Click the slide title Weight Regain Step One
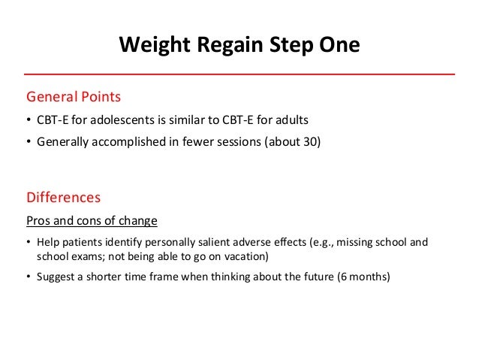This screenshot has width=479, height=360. point(239,46)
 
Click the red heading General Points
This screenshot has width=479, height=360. point(74,97)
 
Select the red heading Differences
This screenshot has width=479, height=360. point(64,198)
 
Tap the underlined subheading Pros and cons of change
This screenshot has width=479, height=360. point(92,222)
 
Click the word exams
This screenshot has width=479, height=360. point(86,256)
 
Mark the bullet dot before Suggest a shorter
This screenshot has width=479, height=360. point(29,276)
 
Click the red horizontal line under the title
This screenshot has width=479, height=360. point(239,74)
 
